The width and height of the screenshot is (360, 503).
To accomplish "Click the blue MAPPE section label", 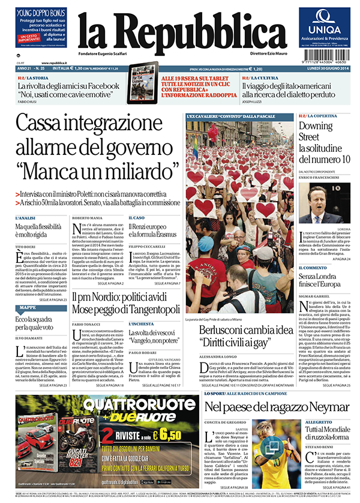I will point(28,307).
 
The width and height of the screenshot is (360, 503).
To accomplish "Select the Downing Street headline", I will point(324,143).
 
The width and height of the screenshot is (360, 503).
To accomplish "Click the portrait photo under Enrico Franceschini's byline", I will point(324,205).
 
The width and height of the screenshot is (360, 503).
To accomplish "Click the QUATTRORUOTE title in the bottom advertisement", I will point(113,406).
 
